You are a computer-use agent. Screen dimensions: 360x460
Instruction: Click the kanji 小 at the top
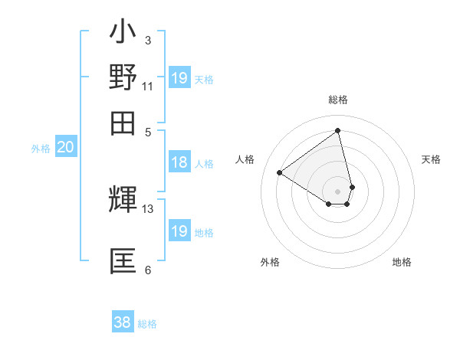click(x=123, y=34)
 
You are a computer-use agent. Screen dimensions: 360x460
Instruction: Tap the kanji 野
click(x=123, y=78)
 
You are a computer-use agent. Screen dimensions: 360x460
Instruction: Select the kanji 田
click(x=123, y=123)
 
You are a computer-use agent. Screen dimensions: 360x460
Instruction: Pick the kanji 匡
click(x=123, y=260)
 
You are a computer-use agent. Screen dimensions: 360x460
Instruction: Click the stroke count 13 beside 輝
click(x=148, y=208)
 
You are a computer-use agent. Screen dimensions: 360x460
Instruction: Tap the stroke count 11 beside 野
click(x=148, y=86)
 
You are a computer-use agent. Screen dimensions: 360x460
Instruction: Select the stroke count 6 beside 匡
click(x=148, y=270)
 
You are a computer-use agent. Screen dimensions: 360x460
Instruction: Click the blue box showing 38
click(x=123, y=322)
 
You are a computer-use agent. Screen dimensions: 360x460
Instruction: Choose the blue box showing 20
click(x=65, y=148)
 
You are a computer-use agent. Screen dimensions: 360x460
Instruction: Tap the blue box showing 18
click(x=179, y=162)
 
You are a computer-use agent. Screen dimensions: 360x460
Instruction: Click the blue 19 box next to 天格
click(x=179, y=78)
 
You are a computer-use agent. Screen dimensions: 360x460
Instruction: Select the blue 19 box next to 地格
click(x=179, y=231)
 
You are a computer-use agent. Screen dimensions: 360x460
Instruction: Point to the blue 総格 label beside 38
click(x=147, y=324)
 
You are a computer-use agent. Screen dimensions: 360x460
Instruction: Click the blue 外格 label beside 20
click(x=40, y=149)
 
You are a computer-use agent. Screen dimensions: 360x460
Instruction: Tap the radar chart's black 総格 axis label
click(x=338, y=100)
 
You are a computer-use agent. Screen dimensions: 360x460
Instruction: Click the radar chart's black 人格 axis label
click(x=245, y=159)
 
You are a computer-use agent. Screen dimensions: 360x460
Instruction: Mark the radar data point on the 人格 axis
click(x=280, y=172)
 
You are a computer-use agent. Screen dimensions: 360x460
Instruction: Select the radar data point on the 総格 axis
click(x=338, y=130)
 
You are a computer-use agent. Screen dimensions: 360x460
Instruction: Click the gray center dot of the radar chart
click(x=338, y=191)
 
